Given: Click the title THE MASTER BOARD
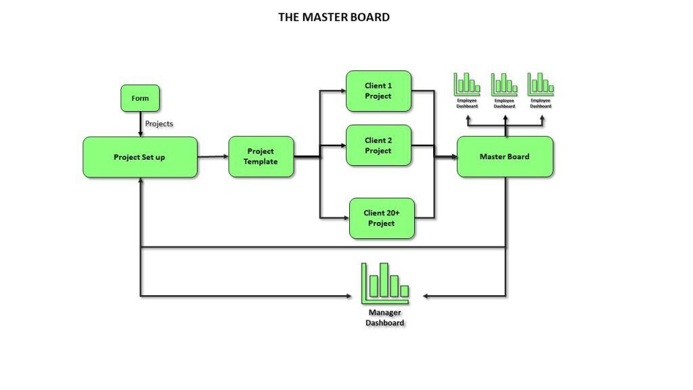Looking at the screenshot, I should tap(334, 17).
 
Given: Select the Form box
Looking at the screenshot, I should tap(140, 98).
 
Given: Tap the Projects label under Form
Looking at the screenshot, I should tap(159, 124).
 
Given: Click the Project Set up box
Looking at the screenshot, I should tap(140, 157).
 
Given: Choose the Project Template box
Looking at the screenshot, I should tap(261, 156).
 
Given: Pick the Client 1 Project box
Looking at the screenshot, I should tap(378, 91).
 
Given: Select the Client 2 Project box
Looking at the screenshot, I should tap(378, 146).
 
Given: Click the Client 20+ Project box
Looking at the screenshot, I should tap(382, 218).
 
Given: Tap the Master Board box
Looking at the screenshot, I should tap(505, 156).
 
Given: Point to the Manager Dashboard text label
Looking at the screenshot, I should tap(385, 318).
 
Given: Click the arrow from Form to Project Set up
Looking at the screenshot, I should tap(140, 125).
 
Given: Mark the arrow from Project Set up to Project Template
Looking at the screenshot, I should tap(213, 157).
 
